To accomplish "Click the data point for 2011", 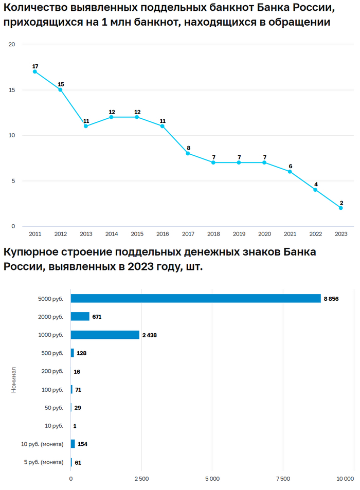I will (x=35, y=71).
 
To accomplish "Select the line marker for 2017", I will (x=188, y=153).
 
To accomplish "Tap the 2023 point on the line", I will (x=341, y=208).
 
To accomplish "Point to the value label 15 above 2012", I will (x=61, y=84).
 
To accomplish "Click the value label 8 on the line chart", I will (x=189, y=148).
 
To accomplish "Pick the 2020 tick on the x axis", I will (x=264, y=234).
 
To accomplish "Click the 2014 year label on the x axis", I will (x=112, y=234).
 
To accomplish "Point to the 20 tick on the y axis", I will (x=12, y=45).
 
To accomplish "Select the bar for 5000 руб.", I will (x=195, y=298).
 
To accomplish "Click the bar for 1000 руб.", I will (x=105, y=335).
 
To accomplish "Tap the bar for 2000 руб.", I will (x=80, y=317).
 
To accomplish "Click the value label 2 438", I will (x=149, y=335).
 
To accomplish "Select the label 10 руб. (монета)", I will (x=42, y=444).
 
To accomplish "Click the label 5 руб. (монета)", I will (x=44, y=462).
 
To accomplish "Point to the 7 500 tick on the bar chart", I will (x=283, y=479).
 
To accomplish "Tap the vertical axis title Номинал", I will (x=14, y=380).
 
